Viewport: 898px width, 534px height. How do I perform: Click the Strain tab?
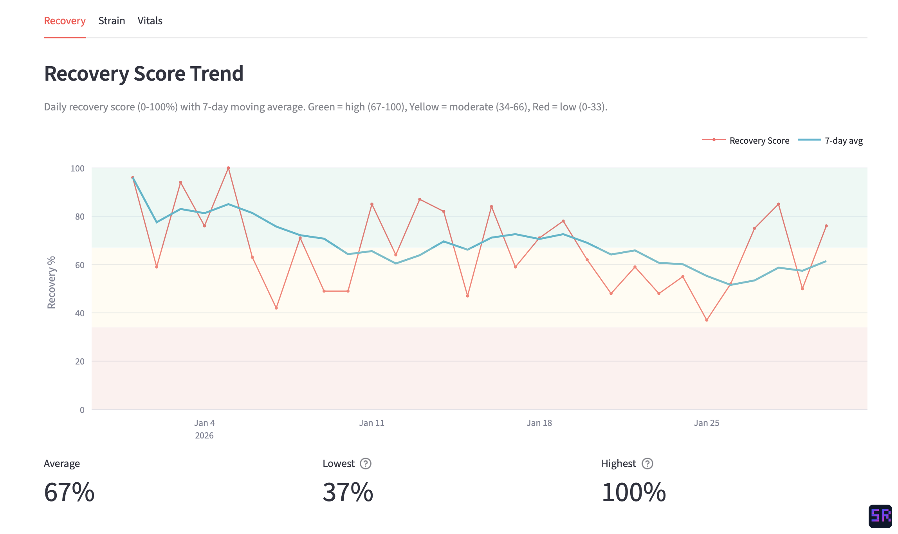click(112, 21)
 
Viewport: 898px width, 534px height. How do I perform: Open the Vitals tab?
click(150, 21)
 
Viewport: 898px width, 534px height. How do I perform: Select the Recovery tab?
click(65, 21)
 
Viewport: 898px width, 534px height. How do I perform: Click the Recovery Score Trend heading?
click(144, 74)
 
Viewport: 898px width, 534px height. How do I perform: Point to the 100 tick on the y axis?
click(78, 168)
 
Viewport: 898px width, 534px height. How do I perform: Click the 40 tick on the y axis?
click(79, 313)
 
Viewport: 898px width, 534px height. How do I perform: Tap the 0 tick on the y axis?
click(82, 410)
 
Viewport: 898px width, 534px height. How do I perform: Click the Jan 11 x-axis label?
click(371, 423)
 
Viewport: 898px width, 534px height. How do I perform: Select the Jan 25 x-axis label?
click(706, 423)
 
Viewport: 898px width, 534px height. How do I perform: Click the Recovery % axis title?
click(51, 282)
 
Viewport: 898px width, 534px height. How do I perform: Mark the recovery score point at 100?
click(228, 168)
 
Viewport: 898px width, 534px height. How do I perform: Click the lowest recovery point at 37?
click(707, 320)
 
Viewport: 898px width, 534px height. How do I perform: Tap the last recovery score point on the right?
click(826, 226)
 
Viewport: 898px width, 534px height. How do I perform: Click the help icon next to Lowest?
click(365, 464)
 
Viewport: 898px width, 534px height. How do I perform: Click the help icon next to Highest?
click(647, 464)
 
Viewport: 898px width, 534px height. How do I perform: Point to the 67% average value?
click(69, 492)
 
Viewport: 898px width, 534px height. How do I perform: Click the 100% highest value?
click(633, 492)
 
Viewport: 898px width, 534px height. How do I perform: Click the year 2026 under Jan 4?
click(204, 435)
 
